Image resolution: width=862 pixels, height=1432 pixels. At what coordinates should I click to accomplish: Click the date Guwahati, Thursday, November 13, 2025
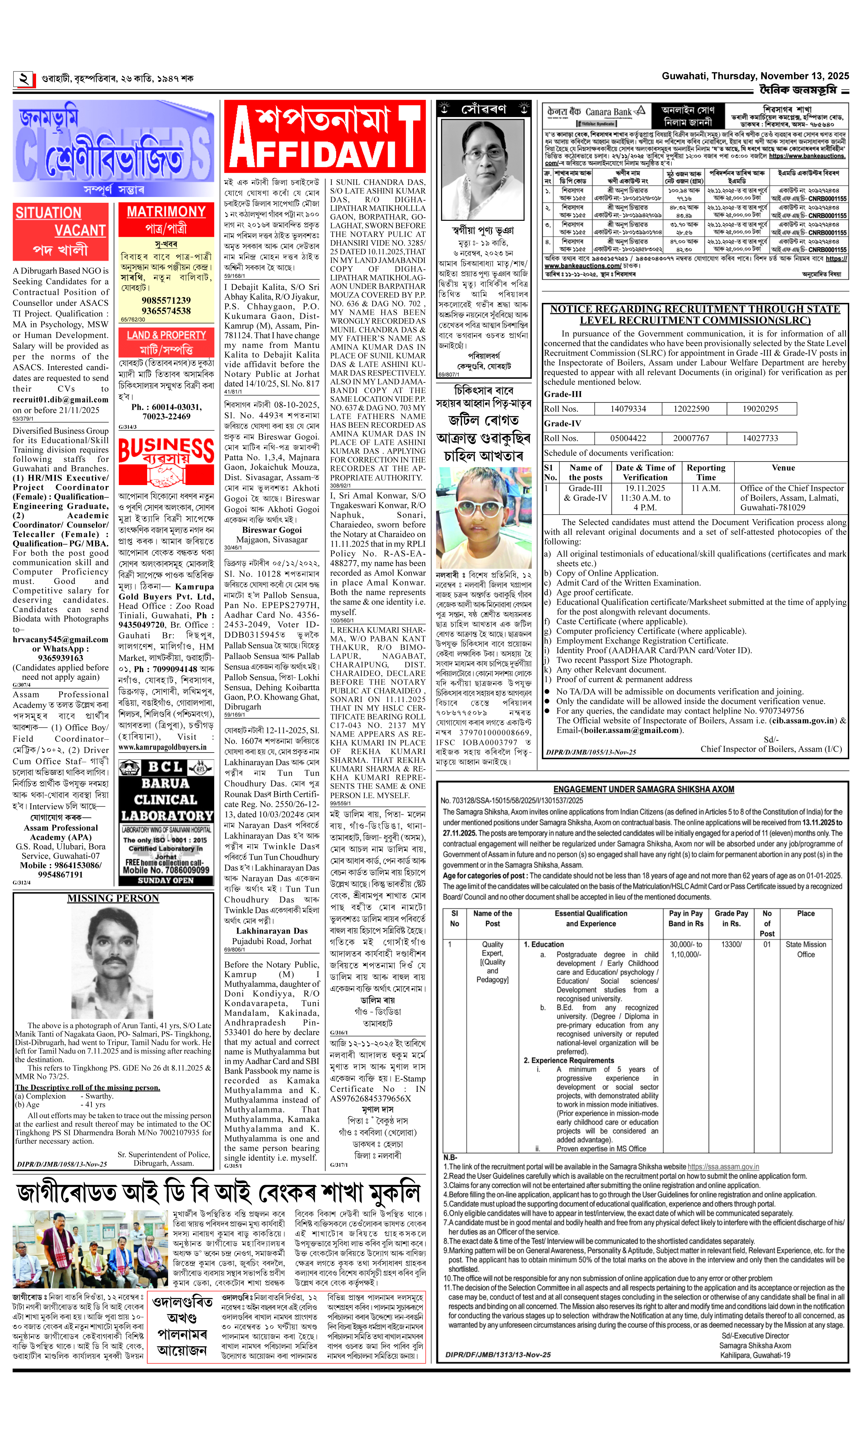(x=755, y=76)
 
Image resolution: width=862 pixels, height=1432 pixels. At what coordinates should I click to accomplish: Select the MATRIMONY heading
(x=166, y=212)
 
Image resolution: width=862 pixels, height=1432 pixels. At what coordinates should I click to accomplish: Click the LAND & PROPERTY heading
(x=166, y=335)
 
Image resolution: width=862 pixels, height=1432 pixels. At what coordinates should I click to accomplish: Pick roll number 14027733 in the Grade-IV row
(x=760, y=438)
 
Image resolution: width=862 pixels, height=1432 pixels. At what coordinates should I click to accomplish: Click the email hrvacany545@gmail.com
(x=61, y=639)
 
